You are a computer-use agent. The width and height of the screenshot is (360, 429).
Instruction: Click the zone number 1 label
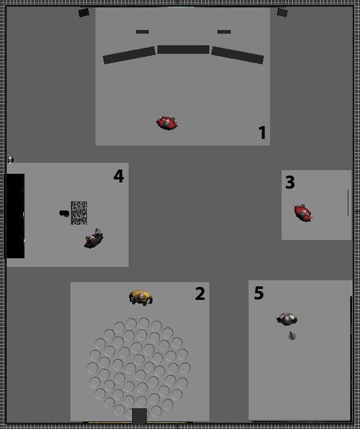tap(262, 132)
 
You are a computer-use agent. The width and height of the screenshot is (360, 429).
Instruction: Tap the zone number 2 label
tap(200, 294)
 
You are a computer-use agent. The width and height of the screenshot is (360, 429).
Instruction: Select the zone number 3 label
tap(290, 182)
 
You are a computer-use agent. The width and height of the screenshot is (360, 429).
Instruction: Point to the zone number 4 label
tap(119, 176)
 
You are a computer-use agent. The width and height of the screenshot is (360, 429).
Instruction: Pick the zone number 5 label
tap(259, 293)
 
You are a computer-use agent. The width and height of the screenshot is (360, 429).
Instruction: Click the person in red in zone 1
tap(167, 123)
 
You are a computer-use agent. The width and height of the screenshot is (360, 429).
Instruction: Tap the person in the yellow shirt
tap(141, 297)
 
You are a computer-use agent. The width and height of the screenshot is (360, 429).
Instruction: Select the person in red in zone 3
tap(303, 213)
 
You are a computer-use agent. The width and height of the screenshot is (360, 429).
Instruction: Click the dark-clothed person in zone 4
tap(94, 239)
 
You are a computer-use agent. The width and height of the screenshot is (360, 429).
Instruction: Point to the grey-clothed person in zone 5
tap(287, 319)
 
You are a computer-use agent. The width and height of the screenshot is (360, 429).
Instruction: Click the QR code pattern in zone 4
tap(79, 213)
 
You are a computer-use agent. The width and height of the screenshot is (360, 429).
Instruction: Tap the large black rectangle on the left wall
tap(15, 216)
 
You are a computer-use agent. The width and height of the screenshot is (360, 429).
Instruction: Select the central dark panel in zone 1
tap(183, 50)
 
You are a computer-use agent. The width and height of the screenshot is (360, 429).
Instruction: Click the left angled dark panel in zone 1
tap(129, 55)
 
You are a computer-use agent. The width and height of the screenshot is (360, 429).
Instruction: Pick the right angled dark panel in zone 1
tap(238, 55)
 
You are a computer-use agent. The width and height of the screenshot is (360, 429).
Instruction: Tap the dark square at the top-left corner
tap(84, 13)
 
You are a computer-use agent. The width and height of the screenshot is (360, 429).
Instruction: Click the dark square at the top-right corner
tap(282, 13)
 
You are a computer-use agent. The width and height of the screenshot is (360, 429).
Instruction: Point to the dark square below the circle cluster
tap(140, 416)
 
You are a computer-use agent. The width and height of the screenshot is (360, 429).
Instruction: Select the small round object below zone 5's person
tap(292, 336)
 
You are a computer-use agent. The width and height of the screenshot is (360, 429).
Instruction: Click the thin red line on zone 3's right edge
tap(348, 203)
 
